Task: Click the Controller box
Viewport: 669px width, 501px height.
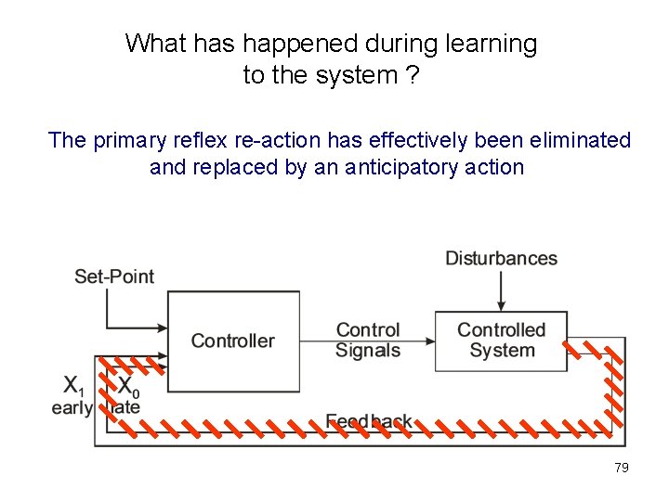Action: (x=232, y=340)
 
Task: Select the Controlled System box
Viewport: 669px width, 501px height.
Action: (x=502, y=340)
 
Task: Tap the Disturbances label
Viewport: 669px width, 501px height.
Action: (x=501, y=258)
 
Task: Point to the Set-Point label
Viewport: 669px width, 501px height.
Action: (x=114, y=276)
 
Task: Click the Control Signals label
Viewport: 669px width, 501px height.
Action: (x=368, y=340)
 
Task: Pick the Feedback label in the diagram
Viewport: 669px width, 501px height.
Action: (x=369, y=421)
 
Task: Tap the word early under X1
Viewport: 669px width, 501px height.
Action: (x=72, y=407)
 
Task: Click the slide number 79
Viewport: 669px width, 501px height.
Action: (x=622, y=468)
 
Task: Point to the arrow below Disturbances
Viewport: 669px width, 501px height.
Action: (x=501, y=292)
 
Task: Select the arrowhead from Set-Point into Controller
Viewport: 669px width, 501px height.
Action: (x=162, y=328)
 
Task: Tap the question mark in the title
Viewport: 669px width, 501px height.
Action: (x=413, y=75)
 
